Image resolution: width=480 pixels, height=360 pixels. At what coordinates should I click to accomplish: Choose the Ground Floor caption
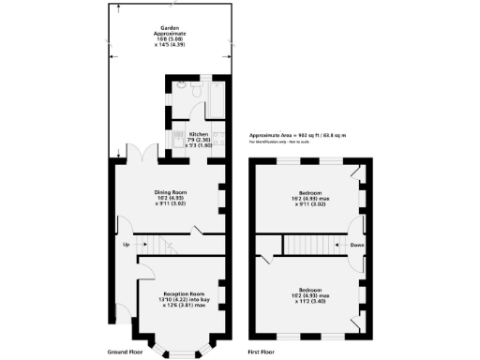point(124,352)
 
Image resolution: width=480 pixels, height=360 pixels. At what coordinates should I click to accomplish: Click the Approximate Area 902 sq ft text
point(297,135)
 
